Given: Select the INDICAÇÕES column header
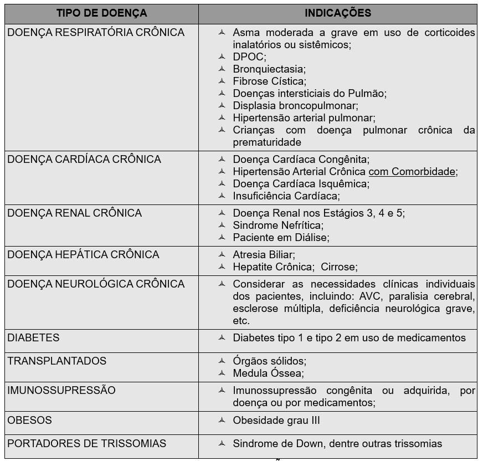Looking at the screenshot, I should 338,13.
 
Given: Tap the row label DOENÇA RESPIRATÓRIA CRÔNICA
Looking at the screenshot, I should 96,33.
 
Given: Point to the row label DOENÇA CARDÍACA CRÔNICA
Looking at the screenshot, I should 84,160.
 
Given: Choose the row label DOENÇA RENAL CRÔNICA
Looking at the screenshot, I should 75,213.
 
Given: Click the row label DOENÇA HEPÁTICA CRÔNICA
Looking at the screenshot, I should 83,255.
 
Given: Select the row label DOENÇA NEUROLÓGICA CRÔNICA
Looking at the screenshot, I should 96,284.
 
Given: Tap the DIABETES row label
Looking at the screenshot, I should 33,338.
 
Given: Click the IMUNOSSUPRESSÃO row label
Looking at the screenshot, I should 61,391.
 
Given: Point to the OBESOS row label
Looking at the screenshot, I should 29,421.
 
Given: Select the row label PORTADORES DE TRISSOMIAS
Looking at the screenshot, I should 87,444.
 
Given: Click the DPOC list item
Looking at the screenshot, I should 249,57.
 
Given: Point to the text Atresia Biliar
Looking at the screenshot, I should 264,255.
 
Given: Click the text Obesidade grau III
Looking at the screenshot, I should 276,421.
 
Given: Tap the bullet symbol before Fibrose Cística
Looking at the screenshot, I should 222,81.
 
